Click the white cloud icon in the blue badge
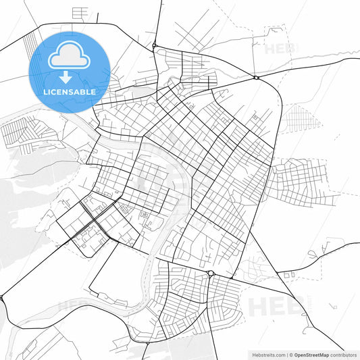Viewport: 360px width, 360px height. (70, 55)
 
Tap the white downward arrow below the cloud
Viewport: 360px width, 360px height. (70, 76)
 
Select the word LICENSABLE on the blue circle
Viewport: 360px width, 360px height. (70, 91)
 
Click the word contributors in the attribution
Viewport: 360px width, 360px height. (344, 354)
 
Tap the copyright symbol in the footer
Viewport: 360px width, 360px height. (291, 354)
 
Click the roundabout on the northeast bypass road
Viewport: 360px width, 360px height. (257, 78)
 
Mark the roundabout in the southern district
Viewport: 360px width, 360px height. (211, 274)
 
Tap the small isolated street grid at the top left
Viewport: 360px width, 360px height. (80, 13)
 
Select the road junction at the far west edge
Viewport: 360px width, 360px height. (2, 297)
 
